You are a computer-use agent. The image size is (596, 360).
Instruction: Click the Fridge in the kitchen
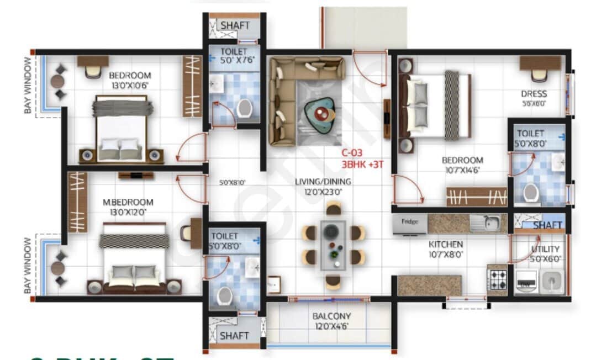pyautogui.click(x=409, y=223)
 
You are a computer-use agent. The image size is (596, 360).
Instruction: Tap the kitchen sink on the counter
pyautogui.click(x=488, y=223)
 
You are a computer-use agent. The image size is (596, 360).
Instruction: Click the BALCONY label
pyautogui.click(x=331, y=316)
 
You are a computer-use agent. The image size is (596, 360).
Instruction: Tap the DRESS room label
pyautogui.click(x=534, y=94)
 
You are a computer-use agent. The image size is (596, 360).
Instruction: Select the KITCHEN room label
pyautogui.click(x=446, y=244)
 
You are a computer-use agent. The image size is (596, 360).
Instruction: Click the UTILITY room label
pyautogui.click(x=545, y=249)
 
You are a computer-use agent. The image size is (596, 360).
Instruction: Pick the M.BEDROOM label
pyautogui.click(x=128, y=202)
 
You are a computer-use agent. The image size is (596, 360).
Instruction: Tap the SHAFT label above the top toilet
pyautogui.click(x=235, y=25)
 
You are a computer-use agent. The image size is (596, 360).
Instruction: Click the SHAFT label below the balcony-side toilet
pyautogui.click(x=234, y=335)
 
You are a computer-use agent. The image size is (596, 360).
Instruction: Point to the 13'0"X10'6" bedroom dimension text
pyautogui.click(x=129, y=85)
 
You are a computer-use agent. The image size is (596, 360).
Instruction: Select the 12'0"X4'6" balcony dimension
pyautogui.click(x=331, y=326)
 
